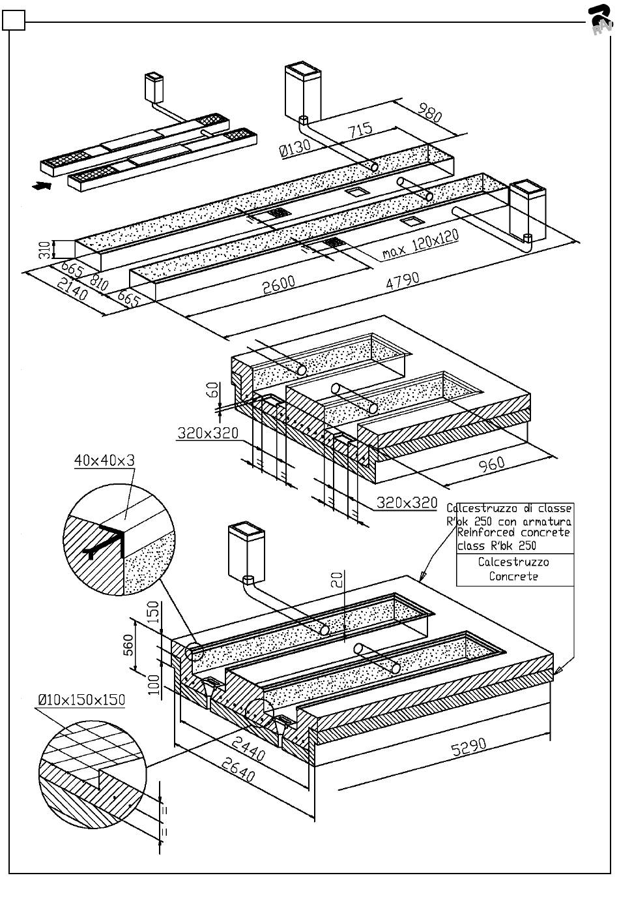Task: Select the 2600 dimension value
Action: coord(279,285)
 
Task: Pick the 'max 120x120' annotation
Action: coord(420,245)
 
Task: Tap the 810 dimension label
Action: coord(99,282)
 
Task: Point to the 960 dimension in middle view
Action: coord(492,464)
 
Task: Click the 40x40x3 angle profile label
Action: coord(104,461)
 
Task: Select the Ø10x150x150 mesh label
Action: coord(81,700)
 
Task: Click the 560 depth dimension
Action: coord(128,645)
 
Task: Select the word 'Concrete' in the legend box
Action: coord(513,577)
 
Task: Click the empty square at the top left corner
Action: coord(13,22)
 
